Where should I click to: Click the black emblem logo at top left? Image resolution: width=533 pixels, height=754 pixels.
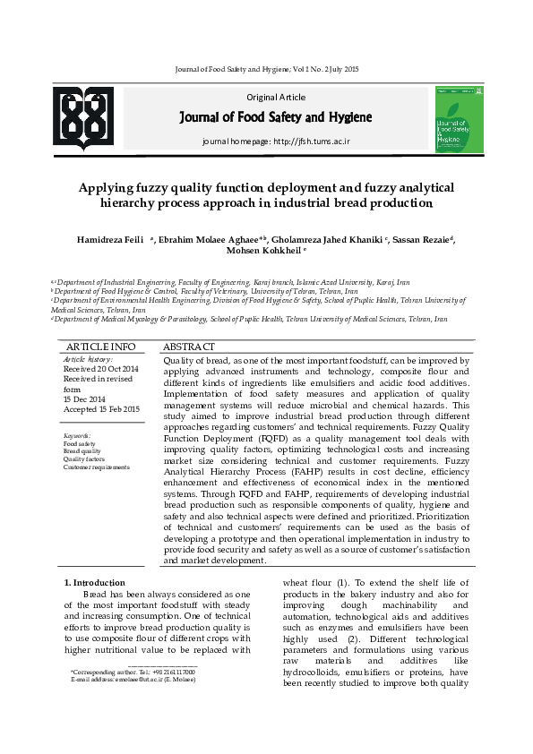[x=87, y=119]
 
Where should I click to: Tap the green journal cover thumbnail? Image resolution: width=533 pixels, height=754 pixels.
[x=459, y=119]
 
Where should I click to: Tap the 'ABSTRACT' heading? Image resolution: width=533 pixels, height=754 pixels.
[x=189, y=347]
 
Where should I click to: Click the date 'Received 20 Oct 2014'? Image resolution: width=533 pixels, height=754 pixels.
[x=100, y=369]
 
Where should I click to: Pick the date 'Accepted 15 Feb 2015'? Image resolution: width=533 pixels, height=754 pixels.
[x=101, y=409]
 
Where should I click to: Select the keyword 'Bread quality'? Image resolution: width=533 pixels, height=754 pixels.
[x=82, y=451]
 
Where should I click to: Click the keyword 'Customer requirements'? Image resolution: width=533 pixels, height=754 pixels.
[x=96, y=467]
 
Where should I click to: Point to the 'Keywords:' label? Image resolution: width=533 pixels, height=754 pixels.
[x=77, y=435]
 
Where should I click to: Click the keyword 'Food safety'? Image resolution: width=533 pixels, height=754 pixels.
[x=79, y=443]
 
